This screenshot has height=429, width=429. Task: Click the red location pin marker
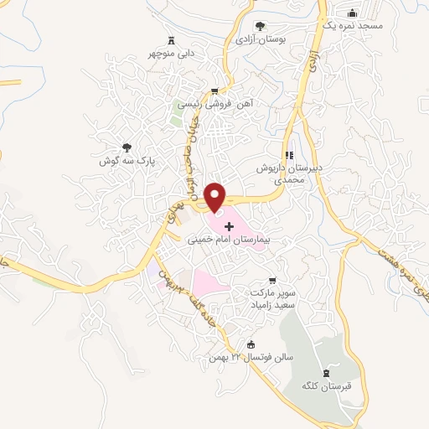click(x=217, y=197)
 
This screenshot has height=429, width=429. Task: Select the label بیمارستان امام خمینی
click(x=235, y=240)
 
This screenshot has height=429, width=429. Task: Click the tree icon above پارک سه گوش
click(x=127, y=147)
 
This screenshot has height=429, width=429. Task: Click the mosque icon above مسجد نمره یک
click(x=352, y=13)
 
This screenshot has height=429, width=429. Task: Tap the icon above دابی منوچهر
click(x=173, y=39)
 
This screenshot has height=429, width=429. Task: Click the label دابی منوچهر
click(x=173, y=53)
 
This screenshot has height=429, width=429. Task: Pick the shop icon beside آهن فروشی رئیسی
click(x=214, y=91)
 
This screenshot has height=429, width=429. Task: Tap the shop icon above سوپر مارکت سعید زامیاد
click(x=270, y=282)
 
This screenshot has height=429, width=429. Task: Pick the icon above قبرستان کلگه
click(x=327, y=372)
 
